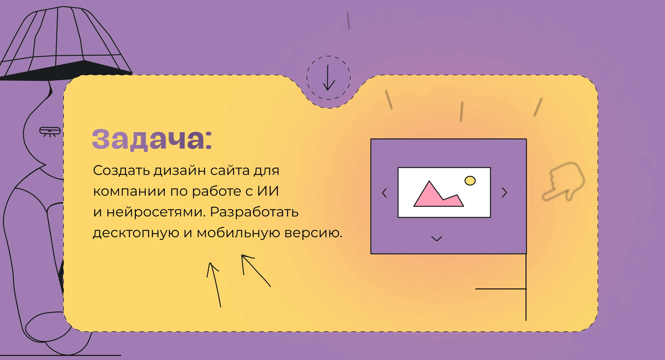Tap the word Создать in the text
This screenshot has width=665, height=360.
(121, 171)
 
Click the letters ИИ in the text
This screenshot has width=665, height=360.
(268, 191)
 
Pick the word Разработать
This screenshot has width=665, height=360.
(254, 212)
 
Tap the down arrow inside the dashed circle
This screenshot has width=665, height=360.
(328, 77)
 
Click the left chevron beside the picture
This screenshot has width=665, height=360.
(384, 193)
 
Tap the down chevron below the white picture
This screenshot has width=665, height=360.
(437, 239)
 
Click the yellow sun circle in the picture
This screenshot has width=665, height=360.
(470, 181)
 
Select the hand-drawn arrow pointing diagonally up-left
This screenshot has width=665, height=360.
(256, 271)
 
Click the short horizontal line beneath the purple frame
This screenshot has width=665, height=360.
(501, 289)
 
